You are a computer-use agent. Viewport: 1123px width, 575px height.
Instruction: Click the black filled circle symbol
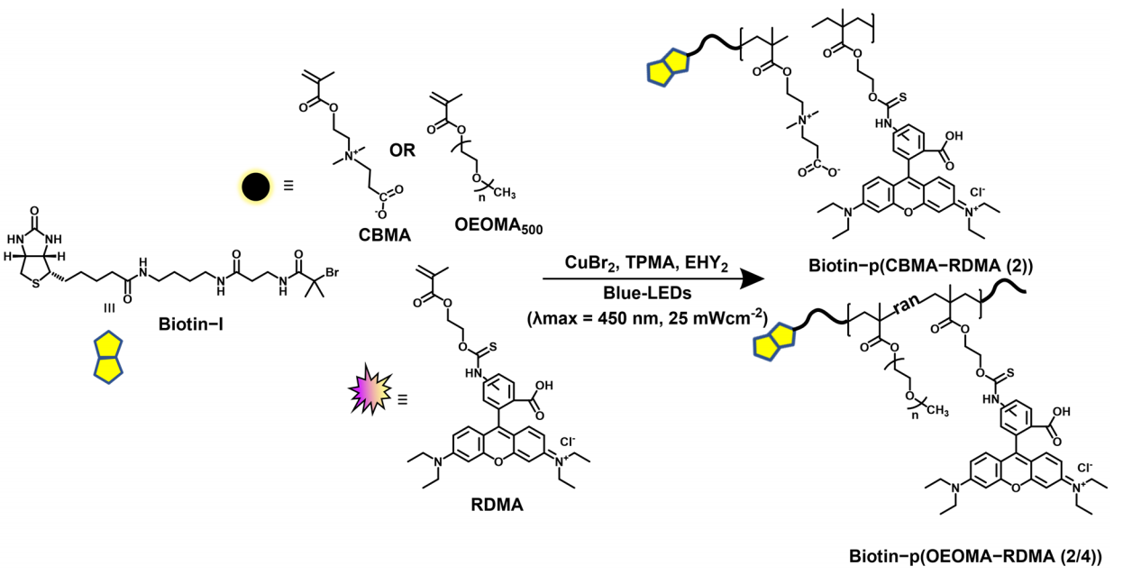click(256, 187)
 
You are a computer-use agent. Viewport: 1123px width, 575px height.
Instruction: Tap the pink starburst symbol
click(370, 388)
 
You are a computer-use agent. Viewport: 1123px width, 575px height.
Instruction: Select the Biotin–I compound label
click(191, 324)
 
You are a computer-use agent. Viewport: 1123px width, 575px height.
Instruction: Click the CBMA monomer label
click(385, 234)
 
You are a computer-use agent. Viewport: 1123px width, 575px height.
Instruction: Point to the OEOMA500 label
click(498, 226)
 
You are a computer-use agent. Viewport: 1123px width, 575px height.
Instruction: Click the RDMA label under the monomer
click(497, 505)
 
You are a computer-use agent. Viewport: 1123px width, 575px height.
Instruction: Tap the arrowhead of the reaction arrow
click(753, 278)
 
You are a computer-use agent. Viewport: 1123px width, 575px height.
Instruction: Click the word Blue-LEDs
click(647, 292)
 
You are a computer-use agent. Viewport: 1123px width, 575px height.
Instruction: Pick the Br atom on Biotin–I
click(333, 273)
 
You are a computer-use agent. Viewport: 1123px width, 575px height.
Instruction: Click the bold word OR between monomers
click(402, 150)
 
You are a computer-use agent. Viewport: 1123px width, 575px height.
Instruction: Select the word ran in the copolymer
click(907, 304)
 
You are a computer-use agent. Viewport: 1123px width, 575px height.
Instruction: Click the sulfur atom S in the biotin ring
click(34, 285)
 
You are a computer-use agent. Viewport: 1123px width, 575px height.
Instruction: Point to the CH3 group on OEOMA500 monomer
click(505, 193)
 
